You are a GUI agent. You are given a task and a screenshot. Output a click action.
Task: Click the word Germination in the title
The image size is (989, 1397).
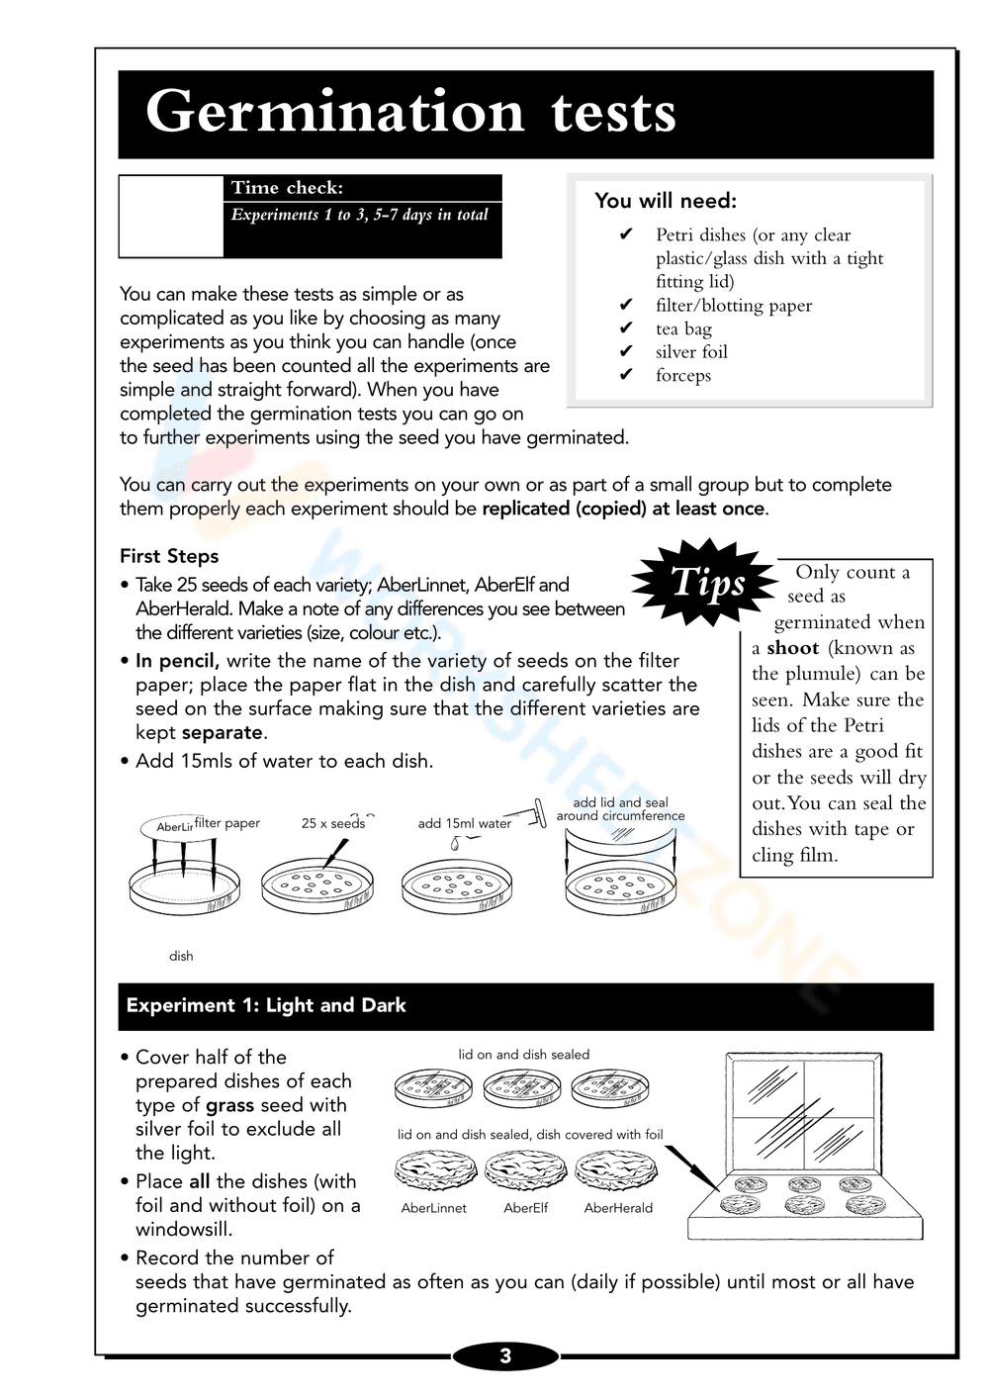pos(334,112)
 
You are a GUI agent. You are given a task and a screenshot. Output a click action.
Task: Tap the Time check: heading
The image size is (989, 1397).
pos(287,188)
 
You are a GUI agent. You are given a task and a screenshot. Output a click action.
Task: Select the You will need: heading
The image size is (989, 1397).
pos(666,201)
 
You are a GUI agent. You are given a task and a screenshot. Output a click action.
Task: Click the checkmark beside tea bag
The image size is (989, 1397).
pos(626,328)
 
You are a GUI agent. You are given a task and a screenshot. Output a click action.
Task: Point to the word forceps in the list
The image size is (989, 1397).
pos(682,375)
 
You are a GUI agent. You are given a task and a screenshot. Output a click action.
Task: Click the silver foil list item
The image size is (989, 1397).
pos(690,352)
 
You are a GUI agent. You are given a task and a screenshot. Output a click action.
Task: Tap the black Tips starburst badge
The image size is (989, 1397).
pos(706,583)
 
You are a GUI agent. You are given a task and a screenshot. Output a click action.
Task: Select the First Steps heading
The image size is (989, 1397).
pos(169,556)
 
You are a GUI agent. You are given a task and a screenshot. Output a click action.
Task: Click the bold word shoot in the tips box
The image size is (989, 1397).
pos(792,648)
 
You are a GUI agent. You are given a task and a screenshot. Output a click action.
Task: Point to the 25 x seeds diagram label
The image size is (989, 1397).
pos(332,823)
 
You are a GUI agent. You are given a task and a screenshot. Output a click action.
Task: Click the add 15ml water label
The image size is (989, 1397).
pos(464,823)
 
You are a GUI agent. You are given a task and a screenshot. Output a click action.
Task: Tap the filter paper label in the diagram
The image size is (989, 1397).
pos(227,823)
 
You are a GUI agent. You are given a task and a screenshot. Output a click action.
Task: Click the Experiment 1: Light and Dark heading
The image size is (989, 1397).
pos(266,1005)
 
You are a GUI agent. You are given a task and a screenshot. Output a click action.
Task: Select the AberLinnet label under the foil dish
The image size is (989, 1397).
pos(433,1208)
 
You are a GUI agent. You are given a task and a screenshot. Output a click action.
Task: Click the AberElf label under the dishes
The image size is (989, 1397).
pos(525,1208)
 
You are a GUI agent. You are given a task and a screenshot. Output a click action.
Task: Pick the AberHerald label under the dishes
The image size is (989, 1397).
pos(618,1208)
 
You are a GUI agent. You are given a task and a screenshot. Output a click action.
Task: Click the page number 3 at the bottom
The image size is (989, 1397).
pos(505,1356)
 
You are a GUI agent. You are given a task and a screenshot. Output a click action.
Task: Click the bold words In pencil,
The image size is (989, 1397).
pos(177,661)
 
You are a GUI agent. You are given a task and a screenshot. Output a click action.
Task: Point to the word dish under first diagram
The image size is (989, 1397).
pos(181,956)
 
